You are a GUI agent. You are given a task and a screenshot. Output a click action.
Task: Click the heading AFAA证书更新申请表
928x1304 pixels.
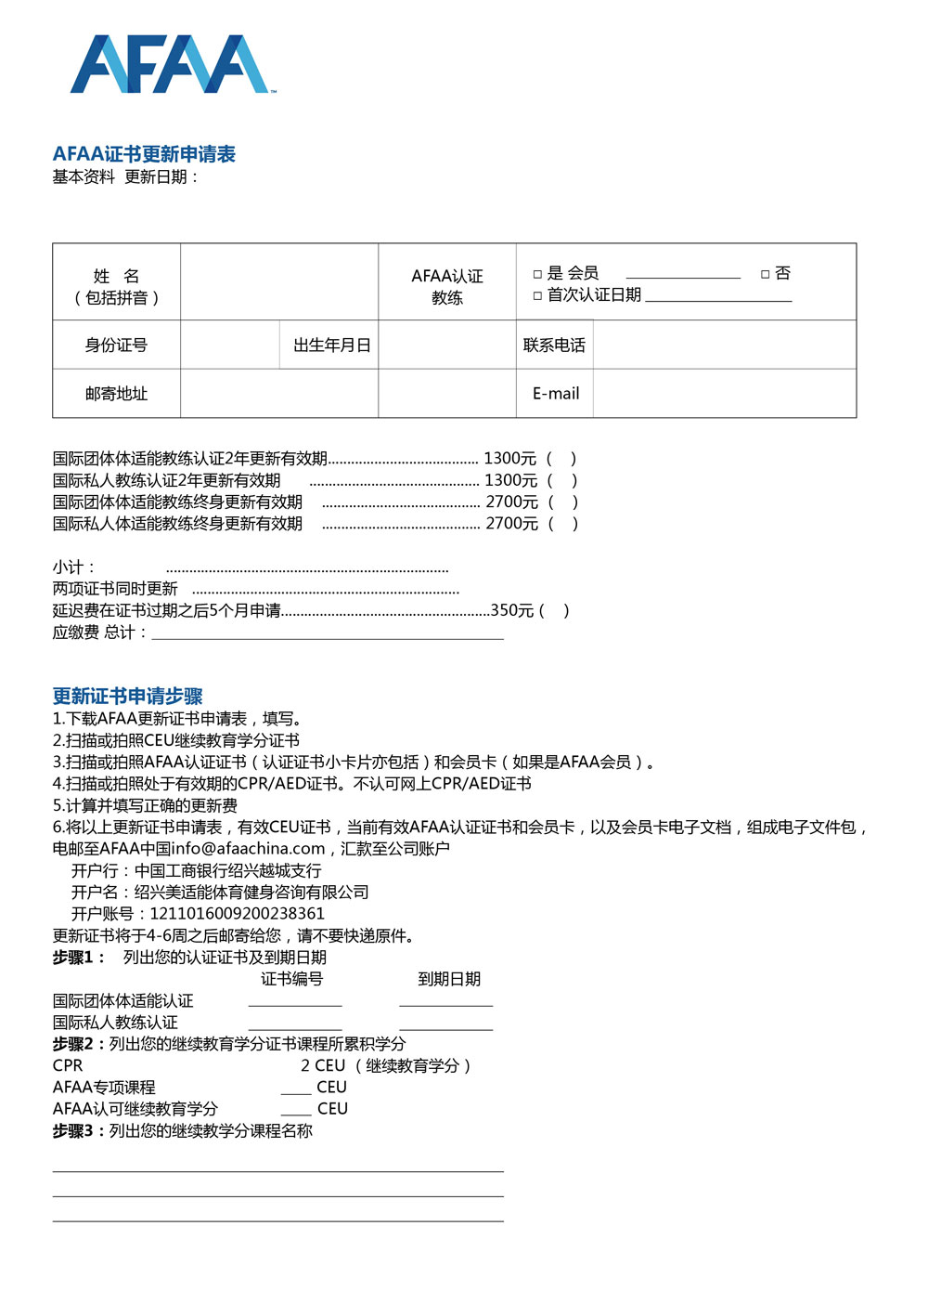tap(144, 154)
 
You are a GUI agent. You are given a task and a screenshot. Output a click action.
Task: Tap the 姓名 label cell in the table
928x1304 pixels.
tap(116, 286)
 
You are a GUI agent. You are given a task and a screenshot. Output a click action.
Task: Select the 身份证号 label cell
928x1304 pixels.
tap(116, 346)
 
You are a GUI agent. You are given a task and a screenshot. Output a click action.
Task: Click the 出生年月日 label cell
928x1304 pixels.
tap(331, 346)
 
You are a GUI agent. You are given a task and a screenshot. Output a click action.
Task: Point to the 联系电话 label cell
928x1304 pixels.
tap(554, 346)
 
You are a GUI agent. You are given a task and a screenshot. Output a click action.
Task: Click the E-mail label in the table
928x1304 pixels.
tap(555, 394)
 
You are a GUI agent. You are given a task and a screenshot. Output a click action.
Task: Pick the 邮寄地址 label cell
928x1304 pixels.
tap(116, 394)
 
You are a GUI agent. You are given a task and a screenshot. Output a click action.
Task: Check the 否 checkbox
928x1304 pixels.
tap(766, 274)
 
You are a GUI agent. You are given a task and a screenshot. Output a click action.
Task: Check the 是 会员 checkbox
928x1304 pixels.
tap(537, 274)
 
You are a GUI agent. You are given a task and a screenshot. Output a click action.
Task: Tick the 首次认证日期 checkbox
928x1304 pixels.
tap(537, 295)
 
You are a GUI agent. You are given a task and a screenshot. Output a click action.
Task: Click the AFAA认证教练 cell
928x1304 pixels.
tap(447, 286)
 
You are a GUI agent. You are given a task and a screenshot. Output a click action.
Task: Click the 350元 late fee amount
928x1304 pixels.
tap(512, 610)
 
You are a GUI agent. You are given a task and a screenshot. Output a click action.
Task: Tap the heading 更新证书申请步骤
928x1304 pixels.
tap(127, 697)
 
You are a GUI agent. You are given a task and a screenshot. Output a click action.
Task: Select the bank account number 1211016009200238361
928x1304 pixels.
tap(237, 914)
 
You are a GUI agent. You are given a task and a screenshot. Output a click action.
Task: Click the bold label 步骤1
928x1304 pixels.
tap(78, 958)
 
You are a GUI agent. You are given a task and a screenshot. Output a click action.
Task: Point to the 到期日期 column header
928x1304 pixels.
tap(449, 979)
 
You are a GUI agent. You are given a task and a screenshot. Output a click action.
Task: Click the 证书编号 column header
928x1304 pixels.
tap(291, 979)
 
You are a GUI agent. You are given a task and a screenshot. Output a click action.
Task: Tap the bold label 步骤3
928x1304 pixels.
tap(78, 1131)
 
